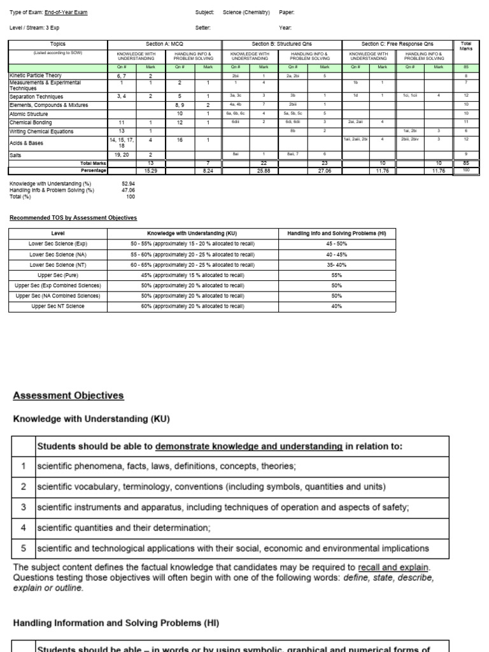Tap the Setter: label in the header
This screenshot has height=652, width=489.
[x=203, y=28]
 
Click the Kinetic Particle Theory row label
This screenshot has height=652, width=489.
[x=36, y=75]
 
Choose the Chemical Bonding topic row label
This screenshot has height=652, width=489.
[x=32, y=122]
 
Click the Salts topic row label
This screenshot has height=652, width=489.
[x=17, y=154]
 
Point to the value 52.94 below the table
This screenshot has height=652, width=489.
[x=129, y=183]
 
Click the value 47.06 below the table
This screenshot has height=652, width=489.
[x=129, y=190]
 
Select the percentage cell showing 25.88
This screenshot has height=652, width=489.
[x=263, y=171]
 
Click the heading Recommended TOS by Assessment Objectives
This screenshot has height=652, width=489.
[x=73, y=218]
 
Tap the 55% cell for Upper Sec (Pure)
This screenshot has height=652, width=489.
[x=337, y=275]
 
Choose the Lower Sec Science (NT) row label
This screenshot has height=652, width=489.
[x=58, y=264]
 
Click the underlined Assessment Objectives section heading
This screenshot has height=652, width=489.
[x=68, y=395]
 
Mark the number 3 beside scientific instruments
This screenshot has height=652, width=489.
[x=23, y=507]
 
